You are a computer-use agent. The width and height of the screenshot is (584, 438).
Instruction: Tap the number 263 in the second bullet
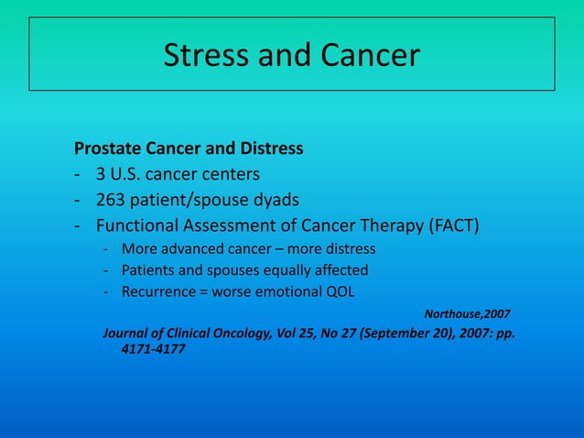coord(113,200)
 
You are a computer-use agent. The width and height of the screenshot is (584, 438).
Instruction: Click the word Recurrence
coord(160,292)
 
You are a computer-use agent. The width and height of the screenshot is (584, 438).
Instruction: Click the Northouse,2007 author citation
coord(467,314)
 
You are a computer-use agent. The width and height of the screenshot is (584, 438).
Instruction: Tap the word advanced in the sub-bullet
coord(189,248)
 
